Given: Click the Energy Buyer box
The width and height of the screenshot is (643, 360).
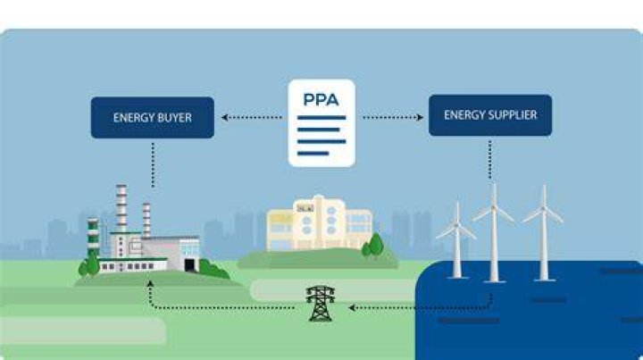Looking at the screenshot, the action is point(153,118).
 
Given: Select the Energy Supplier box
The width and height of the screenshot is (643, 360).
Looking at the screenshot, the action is point(490,115).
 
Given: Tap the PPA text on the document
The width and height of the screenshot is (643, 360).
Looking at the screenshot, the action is point(321,100).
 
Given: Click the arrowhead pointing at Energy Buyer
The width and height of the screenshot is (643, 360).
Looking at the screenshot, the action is point(224,118).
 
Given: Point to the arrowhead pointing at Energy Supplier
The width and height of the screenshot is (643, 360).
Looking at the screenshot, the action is point(420,118).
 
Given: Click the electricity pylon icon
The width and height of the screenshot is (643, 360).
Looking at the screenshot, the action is point(321,304).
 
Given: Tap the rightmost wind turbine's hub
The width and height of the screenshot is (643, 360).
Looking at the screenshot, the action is point(544,210).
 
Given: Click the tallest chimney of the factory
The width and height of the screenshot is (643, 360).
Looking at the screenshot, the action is point(121,208).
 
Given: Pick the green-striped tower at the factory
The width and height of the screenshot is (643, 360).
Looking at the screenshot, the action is point(93,237).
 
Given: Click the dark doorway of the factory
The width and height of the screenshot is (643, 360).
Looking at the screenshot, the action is point(190,265).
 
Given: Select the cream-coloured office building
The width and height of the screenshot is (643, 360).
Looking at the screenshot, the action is point(319,223).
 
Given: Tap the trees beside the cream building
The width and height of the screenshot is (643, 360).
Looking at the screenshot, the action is point(373,245).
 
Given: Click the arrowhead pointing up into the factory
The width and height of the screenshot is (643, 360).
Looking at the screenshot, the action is point(150,283).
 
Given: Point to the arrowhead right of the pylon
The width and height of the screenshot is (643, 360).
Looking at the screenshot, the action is point(352,307).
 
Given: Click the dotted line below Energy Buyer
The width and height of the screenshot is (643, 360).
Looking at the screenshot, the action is point(153,165).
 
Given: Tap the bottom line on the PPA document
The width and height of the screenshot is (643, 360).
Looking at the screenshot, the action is point(313,154).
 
